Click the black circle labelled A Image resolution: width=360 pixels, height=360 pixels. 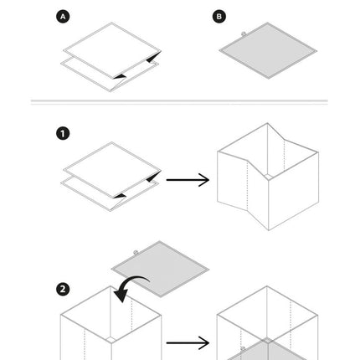coord(63,17)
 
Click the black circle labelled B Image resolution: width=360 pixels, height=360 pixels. coord(219,17)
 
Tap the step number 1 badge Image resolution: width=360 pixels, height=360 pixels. coord(63,133)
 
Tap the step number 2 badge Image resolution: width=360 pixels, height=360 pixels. coord(63,289)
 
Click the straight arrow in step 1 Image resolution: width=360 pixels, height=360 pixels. coord(188,180)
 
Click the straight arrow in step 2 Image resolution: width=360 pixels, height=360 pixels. coord(188,342)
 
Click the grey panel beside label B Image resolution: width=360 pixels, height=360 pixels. coord(268,51)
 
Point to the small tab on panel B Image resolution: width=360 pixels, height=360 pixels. coord(244,33)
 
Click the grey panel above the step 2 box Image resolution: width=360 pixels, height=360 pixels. coord(160,270)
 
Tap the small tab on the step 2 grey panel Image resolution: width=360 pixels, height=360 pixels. coord(136,253)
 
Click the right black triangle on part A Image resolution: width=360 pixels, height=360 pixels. coord(154,57)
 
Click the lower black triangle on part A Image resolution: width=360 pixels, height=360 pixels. coord(120,76)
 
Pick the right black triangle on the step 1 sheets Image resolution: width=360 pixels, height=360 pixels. coord(154,177)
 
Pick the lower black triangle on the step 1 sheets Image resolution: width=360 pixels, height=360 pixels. coord(120,196)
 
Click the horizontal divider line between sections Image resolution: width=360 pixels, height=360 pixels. coord(179,100)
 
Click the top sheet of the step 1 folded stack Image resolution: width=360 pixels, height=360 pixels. coord(112,170)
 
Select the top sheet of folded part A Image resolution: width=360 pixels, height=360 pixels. coord(112,50)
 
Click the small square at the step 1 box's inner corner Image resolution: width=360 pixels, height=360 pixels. coord(268,177)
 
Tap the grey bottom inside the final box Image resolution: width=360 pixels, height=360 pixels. coord(267,351)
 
